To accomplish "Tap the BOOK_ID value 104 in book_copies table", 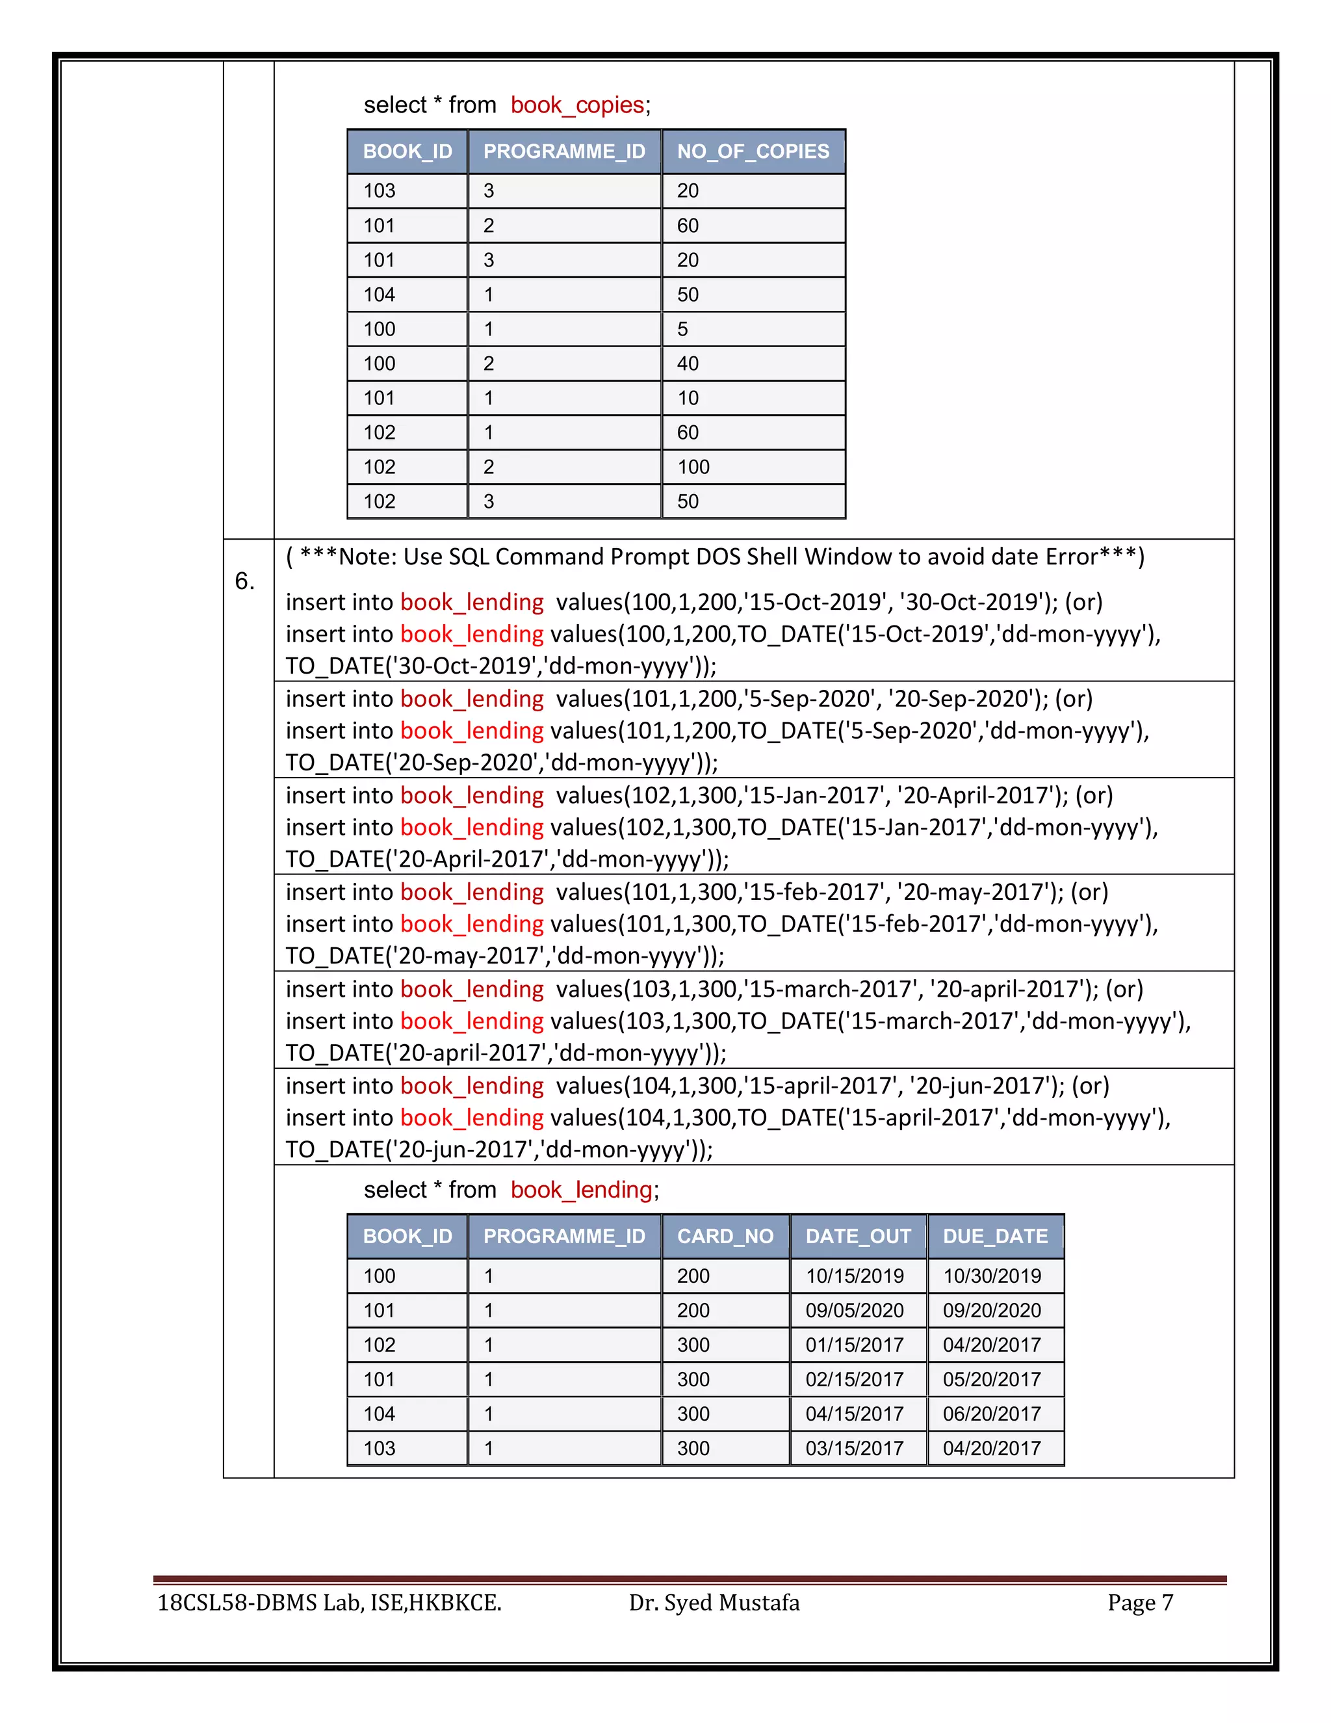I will point(380,295).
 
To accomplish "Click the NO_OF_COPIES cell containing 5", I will point(683,329).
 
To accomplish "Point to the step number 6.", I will point(244,581).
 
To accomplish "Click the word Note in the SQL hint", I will point(367,557).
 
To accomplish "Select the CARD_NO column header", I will point(725,1236).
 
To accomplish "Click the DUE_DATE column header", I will point(995,1236).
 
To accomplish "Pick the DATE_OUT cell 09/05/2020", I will point(854,1310).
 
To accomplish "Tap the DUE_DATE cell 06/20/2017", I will point(991,1414).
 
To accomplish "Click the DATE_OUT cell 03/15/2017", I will point(854,1449).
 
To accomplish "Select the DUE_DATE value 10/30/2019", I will point(991,1276).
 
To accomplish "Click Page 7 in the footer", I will point(1139,1602).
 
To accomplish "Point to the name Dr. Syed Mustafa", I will point(714,1602).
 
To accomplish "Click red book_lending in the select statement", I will point(581,1190).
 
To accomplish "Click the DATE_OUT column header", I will point(858,1236).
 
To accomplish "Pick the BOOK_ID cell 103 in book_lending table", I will point(380,1449).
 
